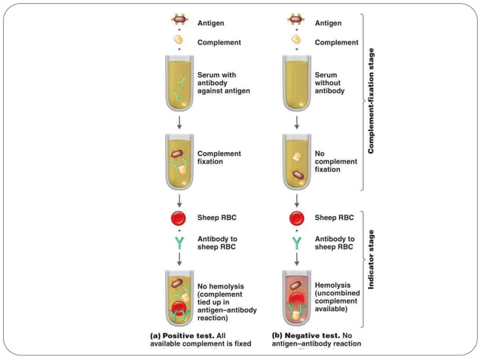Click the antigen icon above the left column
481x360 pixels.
pyautogui.click(x=180, y=23)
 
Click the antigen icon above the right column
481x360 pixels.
pyautogui.click(x=296, y=23)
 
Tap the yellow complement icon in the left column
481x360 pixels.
pyautogui.click(x=180, y=42)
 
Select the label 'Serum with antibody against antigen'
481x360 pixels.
pyautogui.click(x=222, y=83)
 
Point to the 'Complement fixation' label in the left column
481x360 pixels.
pyautogui.click(x=219, y=157)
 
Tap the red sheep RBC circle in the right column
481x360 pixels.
pyautogui.click(x=296, y=218)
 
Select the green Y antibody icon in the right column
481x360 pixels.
pyautogui.click(x=296, y=241)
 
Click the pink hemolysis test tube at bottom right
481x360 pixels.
pyautogui.click(x=296, y=299)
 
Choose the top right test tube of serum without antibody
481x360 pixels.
pyautogui.click(x=296, y=84)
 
